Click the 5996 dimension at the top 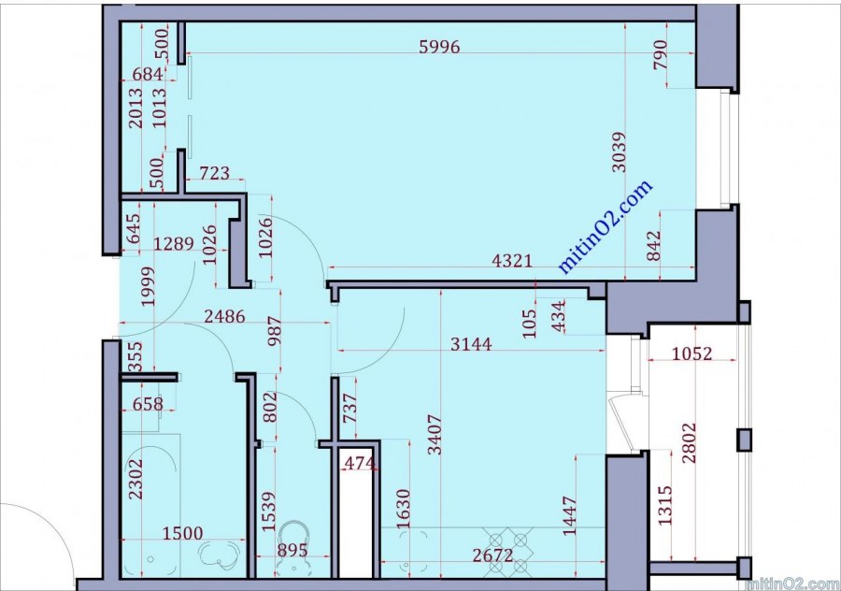(x=439, y=48)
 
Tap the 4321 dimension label (x=512, y=261)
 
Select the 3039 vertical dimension (x=619, y=151)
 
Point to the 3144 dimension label (x=470, y=344)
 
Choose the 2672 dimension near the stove (x=492, y=555)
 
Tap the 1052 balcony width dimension (x=691, y=353)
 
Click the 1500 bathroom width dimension (x=183, y=533)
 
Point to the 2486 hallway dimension (x=224, y=317)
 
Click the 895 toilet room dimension (x=292, y=550)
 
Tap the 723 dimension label (x=215, y=173)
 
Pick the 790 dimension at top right (x=661, y=54)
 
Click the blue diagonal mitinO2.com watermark (x=606, y=226)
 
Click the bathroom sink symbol (x=220, y=555)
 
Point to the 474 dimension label (x=360, y=463)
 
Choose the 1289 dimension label (x=174, y=244)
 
